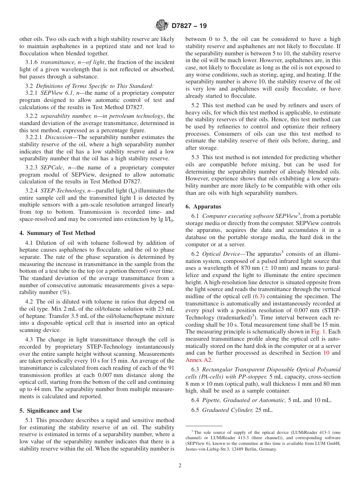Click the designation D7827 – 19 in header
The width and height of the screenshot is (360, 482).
pos(189,26)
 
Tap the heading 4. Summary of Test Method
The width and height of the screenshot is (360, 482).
pos(57,233)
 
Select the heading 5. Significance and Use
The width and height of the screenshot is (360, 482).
pos(51,411)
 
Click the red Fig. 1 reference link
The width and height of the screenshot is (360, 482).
pos(319,332)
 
